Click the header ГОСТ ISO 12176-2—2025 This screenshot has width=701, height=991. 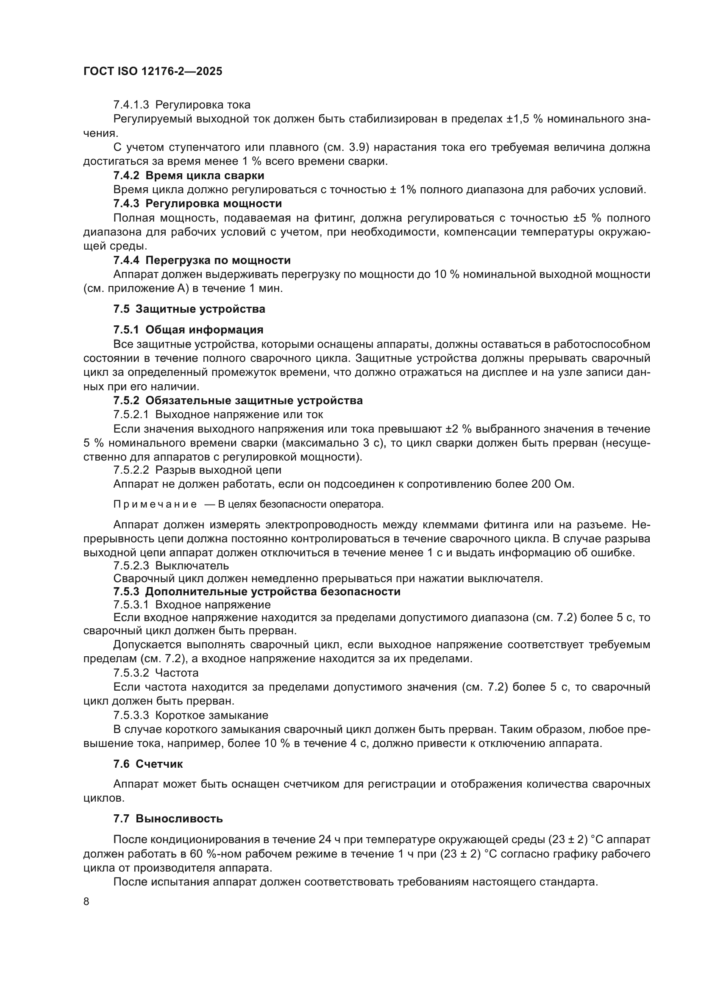coord(153,71)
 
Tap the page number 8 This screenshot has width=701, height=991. coord(86,902)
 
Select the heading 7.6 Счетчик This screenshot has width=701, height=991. coord(148,764)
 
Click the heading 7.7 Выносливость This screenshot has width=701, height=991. coord(168,819)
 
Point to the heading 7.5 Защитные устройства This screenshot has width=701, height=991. coord(189,309)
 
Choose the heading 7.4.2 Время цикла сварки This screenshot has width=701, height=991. coord(189,176)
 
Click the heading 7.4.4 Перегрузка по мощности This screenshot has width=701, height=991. coord(202,260)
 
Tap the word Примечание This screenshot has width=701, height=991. coord(155,505)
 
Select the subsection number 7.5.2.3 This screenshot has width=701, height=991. coord(131,566)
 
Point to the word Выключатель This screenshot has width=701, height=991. coord(192,566)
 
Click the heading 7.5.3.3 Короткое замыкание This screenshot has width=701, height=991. coord(191,715)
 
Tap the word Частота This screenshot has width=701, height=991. coord(177,673)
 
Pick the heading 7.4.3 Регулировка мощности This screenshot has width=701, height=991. coord(197,203)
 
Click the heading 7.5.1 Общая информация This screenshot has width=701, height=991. coord(188,330)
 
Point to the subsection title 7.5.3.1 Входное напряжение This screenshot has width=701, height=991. coord(192,605)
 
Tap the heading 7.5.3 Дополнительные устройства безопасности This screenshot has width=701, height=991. coord(257,591)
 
